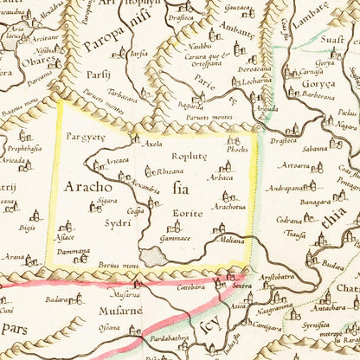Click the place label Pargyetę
click(84, 137)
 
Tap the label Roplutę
click(190, 157)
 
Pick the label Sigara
click(106, 199)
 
